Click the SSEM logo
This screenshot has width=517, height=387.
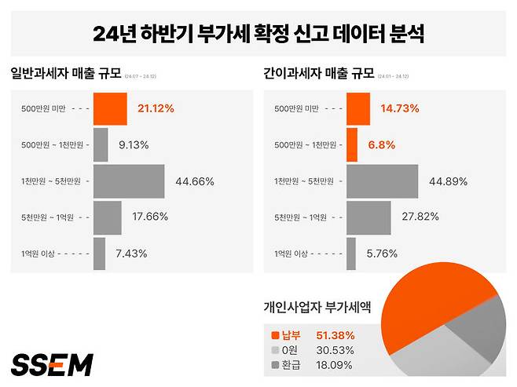point(52,364)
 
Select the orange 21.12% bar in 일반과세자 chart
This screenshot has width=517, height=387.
point(110,109)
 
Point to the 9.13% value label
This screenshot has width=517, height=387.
point(133,145)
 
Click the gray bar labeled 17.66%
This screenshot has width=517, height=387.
point(108,217)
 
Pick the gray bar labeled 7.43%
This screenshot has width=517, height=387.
point(100,254)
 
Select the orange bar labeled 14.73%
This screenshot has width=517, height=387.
point(357,109)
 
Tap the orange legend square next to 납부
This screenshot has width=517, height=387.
point(274,335)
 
